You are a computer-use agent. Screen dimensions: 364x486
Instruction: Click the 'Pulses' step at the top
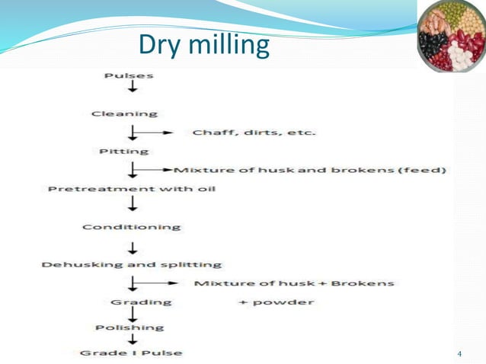click(x=128, y=75)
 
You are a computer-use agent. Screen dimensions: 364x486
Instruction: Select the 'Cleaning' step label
click(x=124, y=114)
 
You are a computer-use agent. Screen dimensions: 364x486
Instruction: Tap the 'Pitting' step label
click(x=123, y=152)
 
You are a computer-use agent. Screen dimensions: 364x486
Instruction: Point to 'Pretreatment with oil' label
click(x=131, y=188)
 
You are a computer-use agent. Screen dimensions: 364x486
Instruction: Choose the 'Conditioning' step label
click(x=131, y=226)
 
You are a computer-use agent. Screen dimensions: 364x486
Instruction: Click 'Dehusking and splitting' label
click(x=131, y=264)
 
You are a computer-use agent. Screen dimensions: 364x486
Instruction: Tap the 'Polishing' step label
click(x=129, y=327)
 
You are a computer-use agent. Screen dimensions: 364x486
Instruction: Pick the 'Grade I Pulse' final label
click(x=131, y=353)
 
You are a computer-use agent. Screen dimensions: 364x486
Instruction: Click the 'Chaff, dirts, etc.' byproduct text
click(x=254, y=133)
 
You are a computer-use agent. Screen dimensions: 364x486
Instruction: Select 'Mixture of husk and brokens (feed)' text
click(x=310, y=170)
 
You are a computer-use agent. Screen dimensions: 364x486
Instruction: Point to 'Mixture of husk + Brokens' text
click(x=294, y=283)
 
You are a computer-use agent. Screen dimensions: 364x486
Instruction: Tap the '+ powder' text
click(x=276, y=302)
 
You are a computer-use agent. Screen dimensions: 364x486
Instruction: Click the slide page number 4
click(x=459, y=355)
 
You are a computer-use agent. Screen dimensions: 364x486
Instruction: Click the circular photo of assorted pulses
click(x=451, y=37)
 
